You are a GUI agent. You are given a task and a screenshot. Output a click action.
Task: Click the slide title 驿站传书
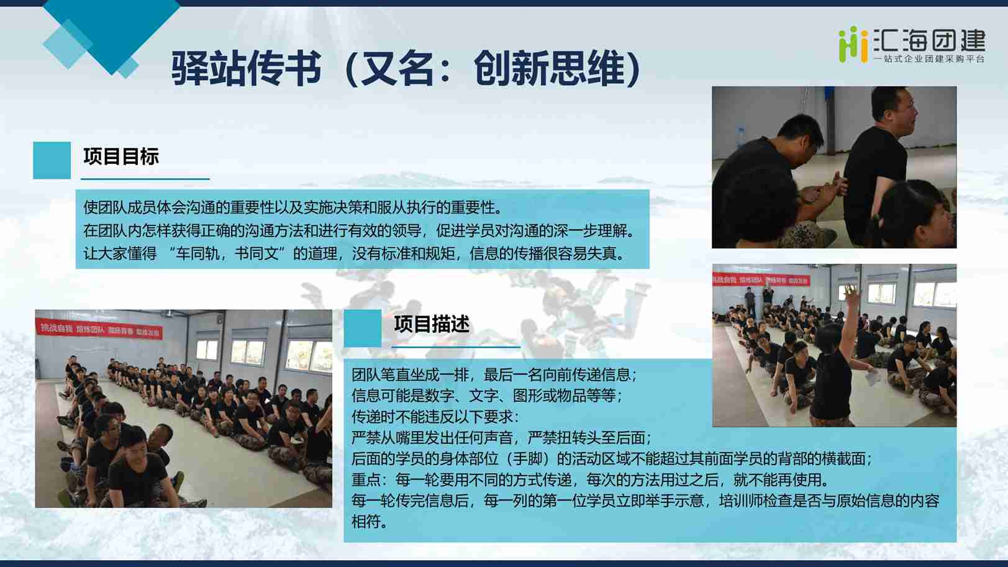point(247,68)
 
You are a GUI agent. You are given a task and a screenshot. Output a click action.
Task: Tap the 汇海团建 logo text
point(929,40)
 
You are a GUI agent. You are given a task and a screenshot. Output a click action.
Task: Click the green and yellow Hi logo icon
point(853,44)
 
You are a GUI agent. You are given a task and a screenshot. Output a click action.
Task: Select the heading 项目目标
point(121,156)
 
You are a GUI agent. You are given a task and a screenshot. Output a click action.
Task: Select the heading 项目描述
point(432,324)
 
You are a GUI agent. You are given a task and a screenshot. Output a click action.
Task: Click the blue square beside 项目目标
point(52,160)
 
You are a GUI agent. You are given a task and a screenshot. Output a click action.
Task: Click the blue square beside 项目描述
point(363,328)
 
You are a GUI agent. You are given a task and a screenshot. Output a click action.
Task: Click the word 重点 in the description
point(366,480)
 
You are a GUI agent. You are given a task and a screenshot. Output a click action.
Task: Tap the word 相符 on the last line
point(366,522)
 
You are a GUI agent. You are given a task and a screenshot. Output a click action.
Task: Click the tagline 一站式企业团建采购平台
point(929,59)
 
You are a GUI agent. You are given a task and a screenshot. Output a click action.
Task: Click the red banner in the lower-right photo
point(760,279)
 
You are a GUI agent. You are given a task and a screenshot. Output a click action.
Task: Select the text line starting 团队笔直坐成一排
point(494,374)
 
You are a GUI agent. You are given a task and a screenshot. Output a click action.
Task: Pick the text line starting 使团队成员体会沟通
point(293,207)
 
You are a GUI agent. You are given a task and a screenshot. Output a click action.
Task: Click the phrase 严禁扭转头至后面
point(589,438)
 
